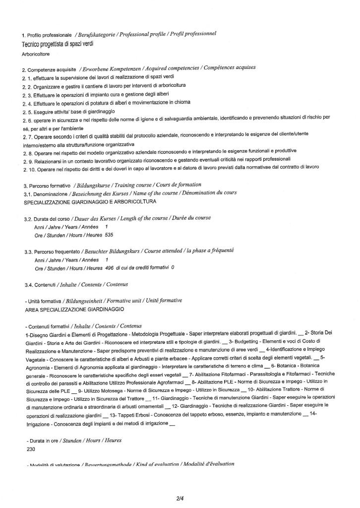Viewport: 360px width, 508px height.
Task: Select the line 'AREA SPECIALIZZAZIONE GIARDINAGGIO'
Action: click(74, 309)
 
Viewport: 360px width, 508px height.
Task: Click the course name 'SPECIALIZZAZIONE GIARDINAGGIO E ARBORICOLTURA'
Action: click(90, 202)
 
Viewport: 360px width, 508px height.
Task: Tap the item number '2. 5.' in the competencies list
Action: click(27, 112)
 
